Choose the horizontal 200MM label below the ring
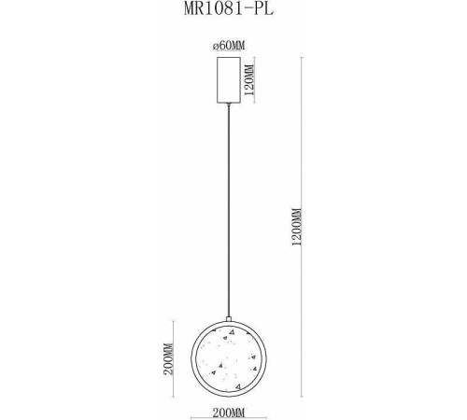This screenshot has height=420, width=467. (x=230, y=410)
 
